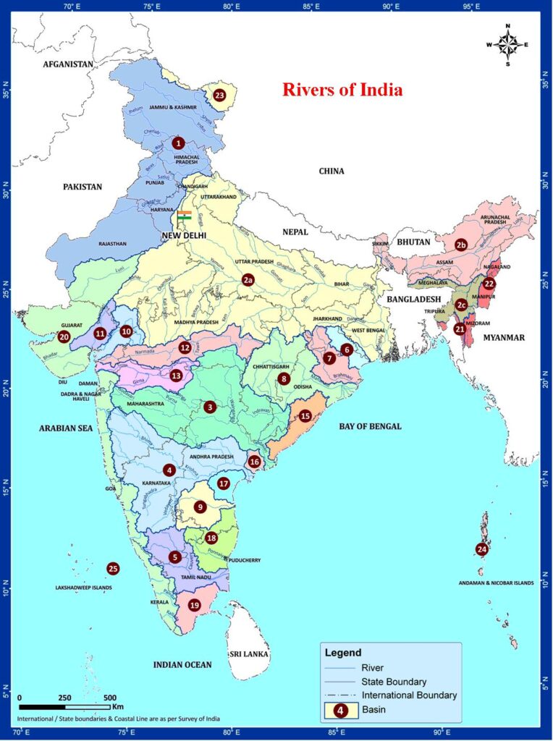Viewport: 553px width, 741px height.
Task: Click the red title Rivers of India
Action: click(342, 90)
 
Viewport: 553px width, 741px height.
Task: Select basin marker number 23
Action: click(219, 95)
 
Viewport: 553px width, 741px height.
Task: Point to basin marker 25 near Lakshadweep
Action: click(112, 569)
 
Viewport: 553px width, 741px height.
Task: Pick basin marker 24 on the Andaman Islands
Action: click(482, 549)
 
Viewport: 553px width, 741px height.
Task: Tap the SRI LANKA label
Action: click(248, 653)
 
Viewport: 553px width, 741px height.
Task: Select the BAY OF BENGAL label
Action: click(370, 426)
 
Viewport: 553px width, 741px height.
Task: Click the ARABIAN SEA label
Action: click(67, 428)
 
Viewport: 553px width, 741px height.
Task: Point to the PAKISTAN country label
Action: click(83, 187)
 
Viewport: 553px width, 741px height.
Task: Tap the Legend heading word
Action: click(342, 653)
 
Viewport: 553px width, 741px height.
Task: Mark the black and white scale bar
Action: click(64, 706)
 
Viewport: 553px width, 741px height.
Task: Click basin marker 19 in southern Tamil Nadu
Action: click(194, 605)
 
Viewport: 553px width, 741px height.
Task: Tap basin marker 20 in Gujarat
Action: click(64, 336)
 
